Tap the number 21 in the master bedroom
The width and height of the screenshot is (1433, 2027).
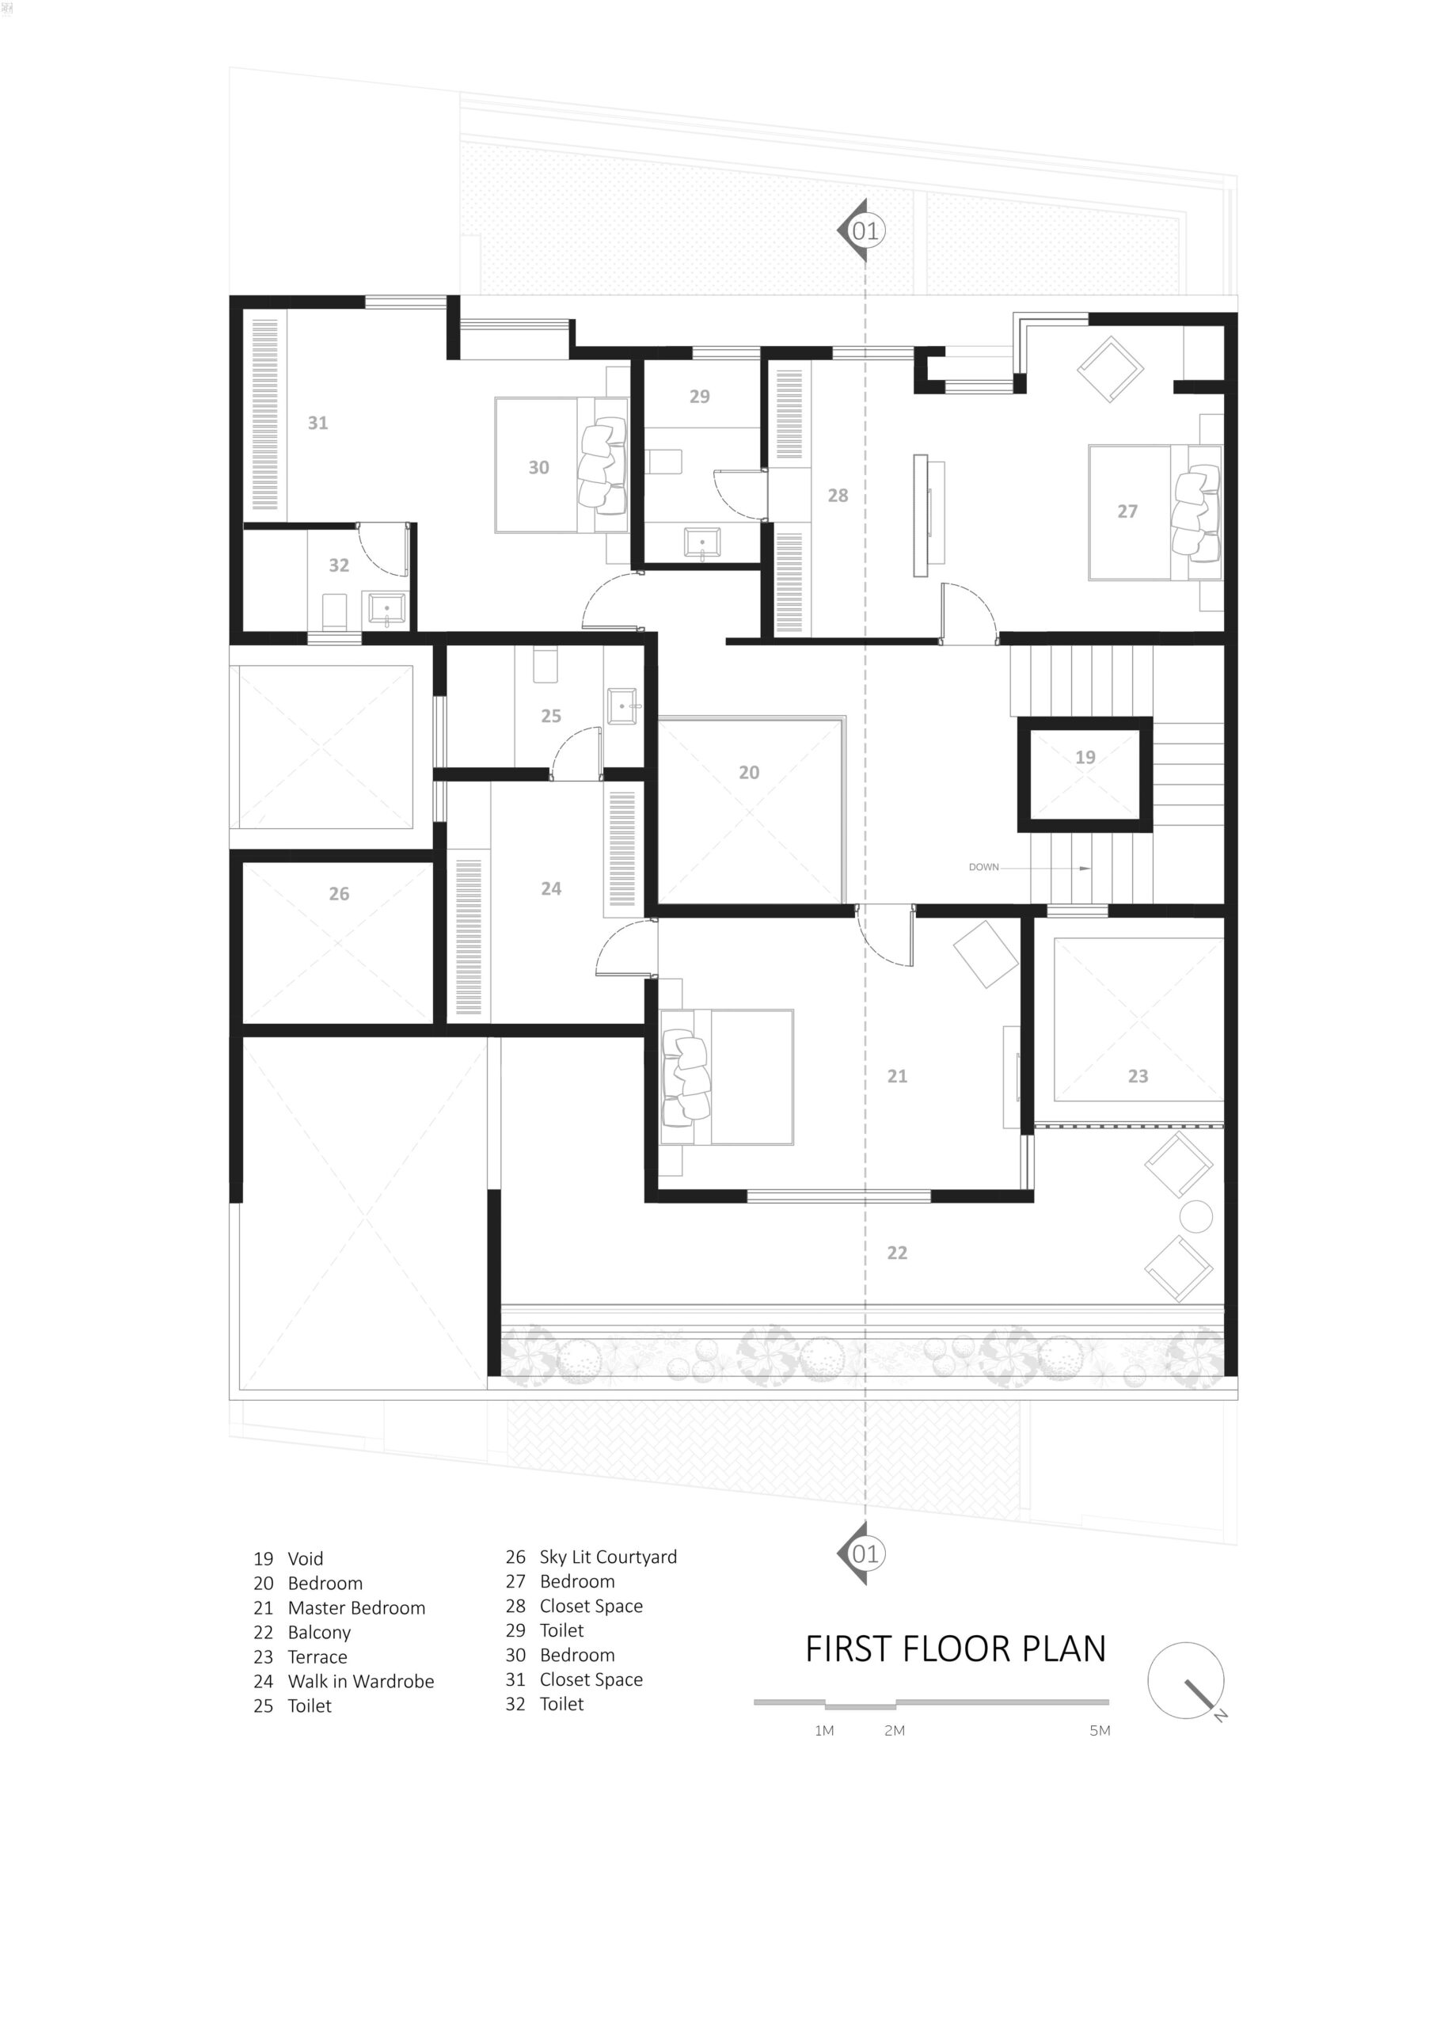coord(896,1075)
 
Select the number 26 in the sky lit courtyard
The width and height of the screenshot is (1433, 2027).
coord(339,893)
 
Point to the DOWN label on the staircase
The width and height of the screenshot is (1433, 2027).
coord(983,867)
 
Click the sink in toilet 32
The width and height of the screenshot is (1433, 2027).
coord(386,609)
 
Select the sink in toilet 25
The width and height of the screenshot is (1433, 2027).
coord(622,705)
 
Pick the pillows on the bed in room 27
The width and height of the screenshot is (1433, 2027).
coord(1195,513)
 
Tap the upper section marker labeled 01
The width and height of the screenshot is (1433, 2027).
coord(863,230)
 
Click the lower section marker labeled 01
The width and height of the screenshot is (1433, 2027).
coord(863,1554)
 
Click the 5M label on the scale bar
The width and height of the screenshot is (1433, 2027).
coord(1099,1730)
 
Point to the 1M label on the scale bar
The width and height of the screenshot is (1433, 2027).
coord(823,1730)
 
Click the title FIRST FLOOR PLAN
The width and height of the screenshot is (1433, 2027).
coord(955,1649)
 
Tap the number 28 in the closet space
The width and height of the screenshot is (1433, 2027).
coord(837,496)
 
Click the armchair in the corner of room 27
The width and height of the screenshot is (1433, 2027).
coord(1110,368)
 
